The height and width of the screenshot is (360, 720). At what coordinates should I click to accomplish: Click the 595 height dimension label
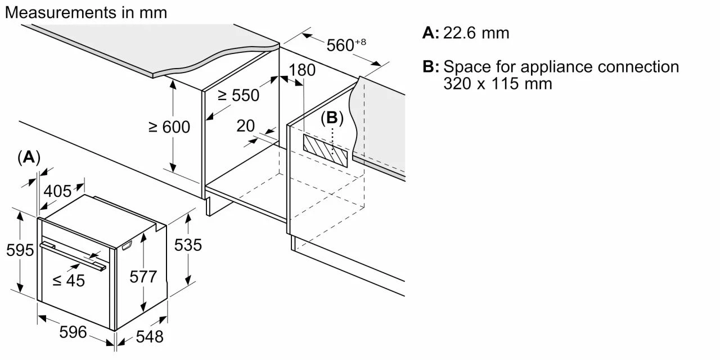point(20,250)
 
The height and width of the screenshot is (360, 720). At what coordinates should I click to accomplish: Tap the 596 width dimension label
point(73,332)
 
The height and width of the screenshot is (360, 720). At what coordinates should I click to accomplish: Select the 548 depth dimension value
point(150,337)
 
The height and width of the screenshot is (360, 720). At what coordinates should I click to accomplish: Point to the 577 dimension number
point(143,277)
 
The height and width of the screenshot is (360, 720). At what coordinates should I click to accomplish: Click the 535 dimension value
point(188,245)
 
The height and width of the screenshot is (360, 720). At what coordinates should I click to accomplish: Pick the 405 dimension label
point(57,191)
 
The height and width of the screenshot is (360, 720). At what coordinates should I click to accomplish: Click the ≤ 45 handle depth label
point(69,281)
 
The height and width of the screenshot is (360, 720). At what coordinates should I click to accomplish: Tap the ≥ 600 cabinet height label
point(169,127)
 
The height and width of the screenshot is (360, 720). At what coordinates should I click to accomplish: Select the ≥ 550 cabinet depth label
point(238,95)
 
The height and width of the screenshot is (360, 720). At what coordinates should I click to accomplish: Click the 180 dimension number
point(302,70)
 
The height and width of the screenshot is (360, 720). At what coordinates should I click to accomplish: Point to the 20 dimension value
point(246,125)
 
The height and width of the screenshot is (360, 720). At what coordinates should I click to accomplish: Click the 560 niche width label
point(346,45)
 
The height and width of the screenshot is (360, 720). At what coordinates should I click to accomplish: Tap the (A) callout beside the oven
point(29,157)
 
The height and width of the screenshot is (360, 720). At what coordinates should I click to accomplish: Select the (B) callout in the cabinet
point(332,118)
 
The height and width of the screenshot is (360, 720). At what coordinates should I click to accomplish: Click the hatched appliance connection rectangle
point(325,151)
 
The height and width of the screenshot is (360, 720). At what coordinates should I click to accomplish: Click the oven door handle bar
point(73,256)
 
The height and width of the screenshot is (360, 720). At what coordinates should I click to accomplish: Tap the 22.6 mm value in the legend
point(476,33)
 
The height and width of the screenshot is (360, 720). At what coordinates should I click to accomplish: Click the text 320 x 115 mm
point(498,84)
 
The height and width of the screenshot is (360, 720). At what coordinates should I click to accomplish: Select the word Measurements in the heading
point(61,12)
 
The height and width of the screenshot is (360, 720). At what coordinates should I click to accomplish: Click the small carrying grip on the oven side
point(127,245)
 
